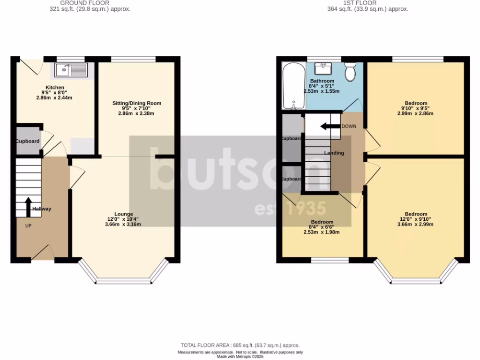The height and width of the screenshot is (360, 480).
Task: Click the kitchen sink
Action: point(71,70)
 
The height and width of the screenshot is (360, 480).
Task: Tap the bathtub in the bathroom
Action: point(293,86)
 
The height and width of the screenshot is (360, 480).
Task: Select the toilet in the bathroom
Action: point(350,72)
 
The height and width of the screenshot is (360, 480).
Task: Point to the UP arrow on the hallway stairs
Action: point(28,207)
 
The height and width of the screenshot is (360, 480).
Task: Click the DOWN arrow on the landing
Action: point(330,126)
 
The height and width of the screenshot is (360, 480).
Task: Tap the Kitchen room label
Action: point(54,88)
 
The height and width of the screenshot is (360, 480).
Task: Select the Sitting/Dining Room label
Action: point(136,103)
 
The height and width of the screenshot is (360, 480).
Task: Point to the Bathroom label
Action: point(322,81)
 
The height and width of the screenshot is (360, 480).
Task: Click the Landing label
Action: point(334,153)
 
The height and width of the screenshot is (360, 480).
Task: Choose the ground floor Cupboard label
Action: point(28,141)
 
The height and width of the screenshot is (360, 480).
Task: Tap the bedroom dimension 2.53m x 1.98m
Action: point(322,232)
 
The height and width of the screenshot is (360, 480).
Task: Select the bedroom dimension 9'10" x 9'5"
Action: point(416,108)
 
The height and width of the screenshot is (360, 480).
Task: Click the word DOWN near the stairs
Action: point(349,127)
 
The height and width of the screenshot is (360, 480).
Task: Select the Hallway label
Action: point(42,209)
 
